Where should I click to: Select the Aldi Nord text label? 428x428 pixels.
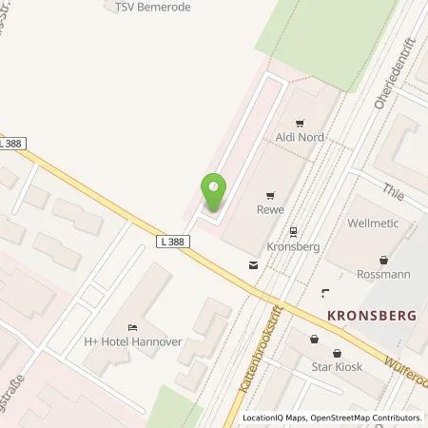(x=300, y=138)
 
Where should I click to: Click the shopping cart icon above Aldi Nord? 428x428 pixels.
(x=300, y=122)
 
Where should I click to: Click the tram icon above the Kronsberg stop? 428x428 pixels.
(x=292, y=229)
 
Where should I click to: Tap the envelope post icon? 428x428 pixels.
(x=252, y=264)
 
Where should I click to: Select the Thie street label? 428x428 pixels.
(x=394, y=190)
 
